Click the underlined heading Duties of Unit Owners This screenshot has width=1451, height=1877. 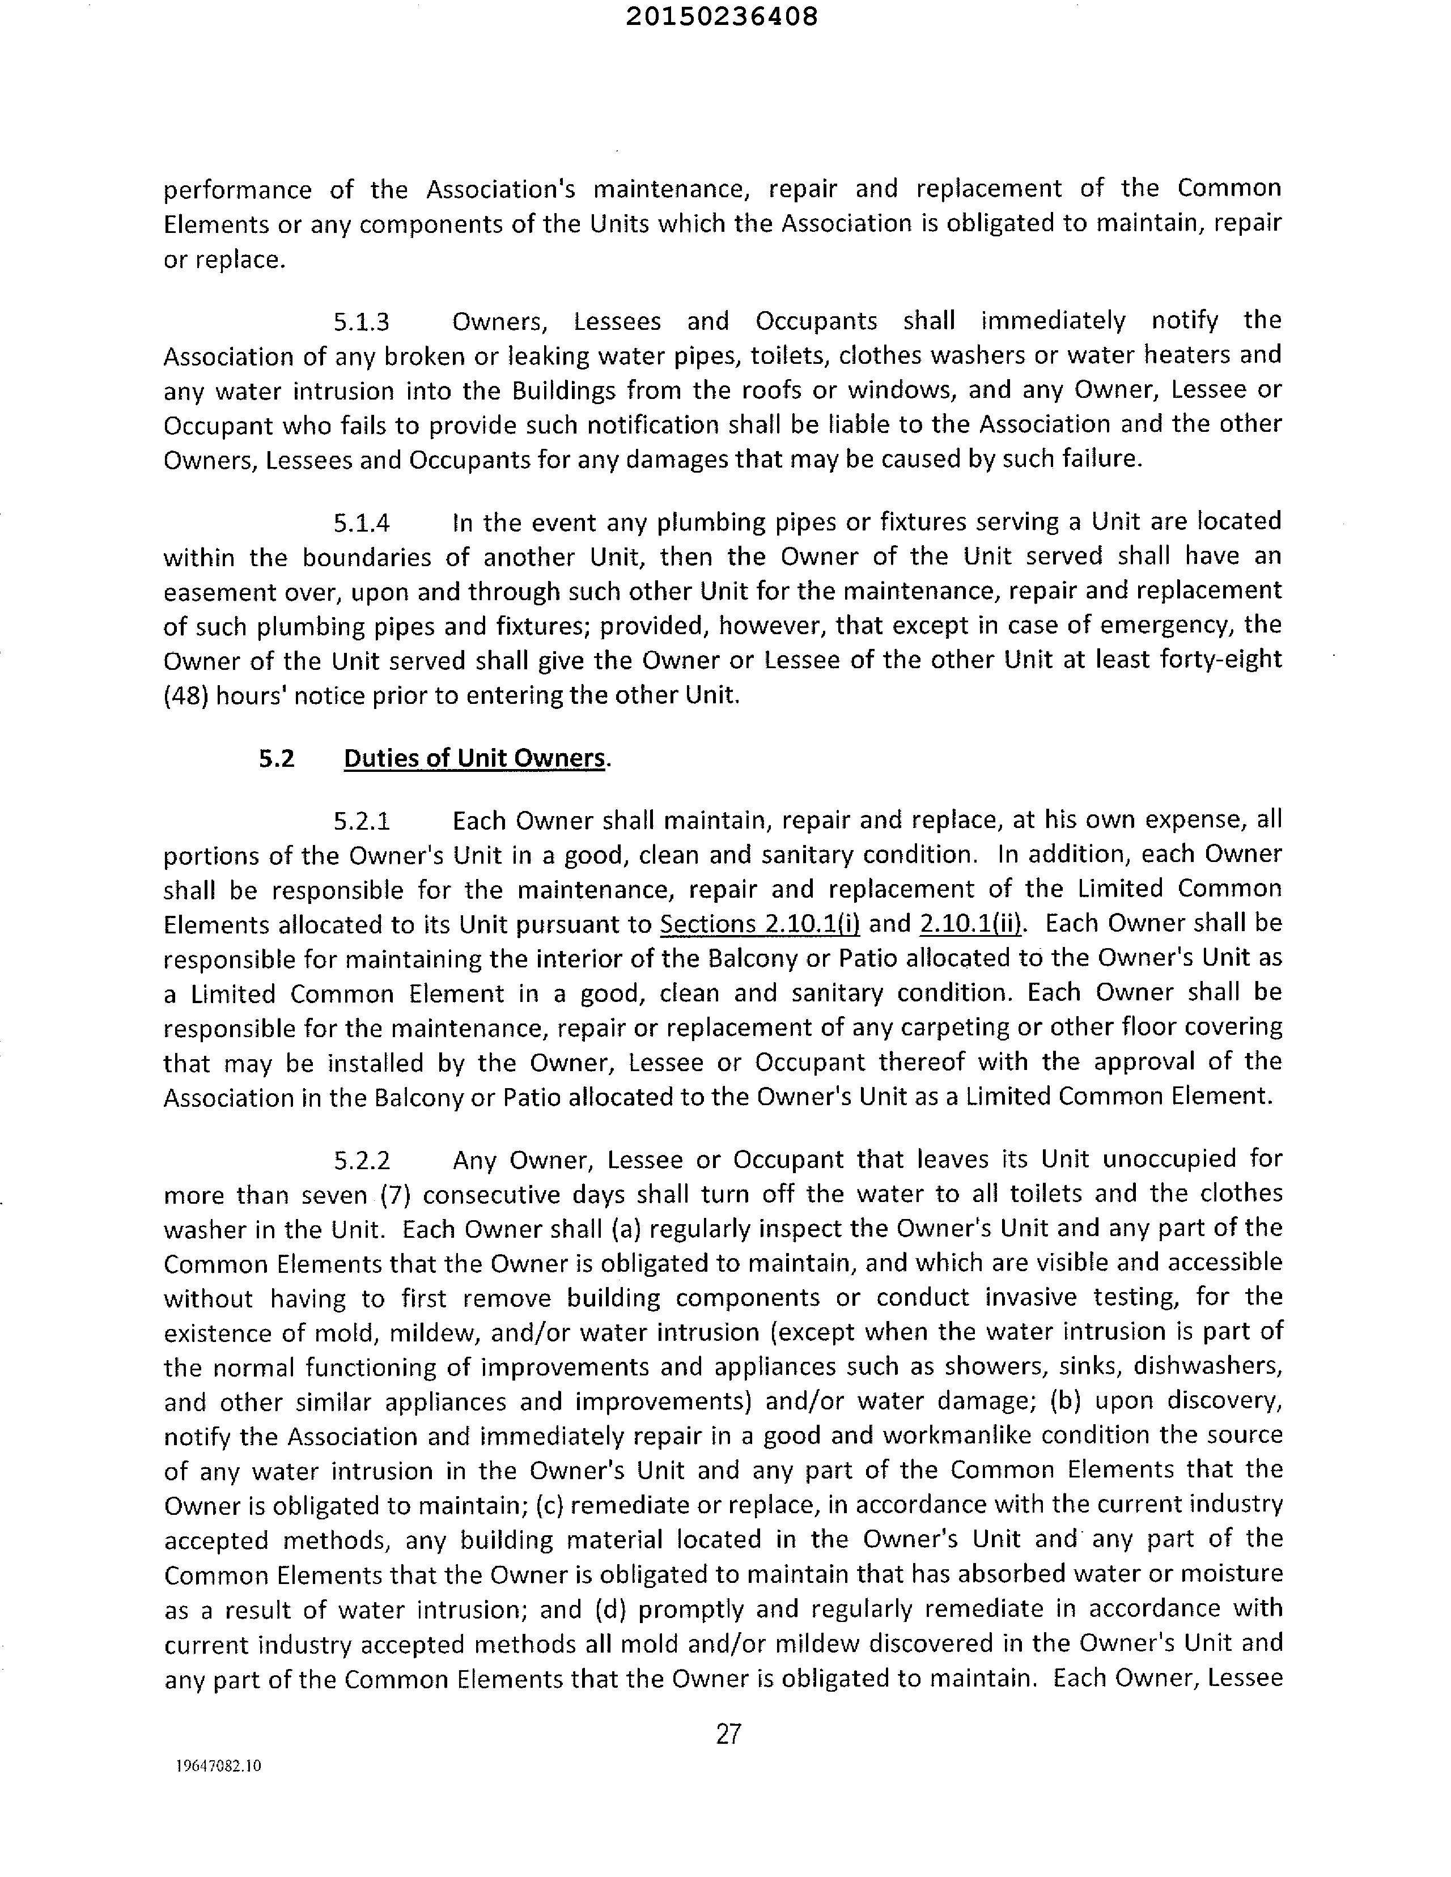pos(474,758)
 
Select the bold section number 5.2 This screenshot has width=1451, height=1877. pos(277,758)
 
